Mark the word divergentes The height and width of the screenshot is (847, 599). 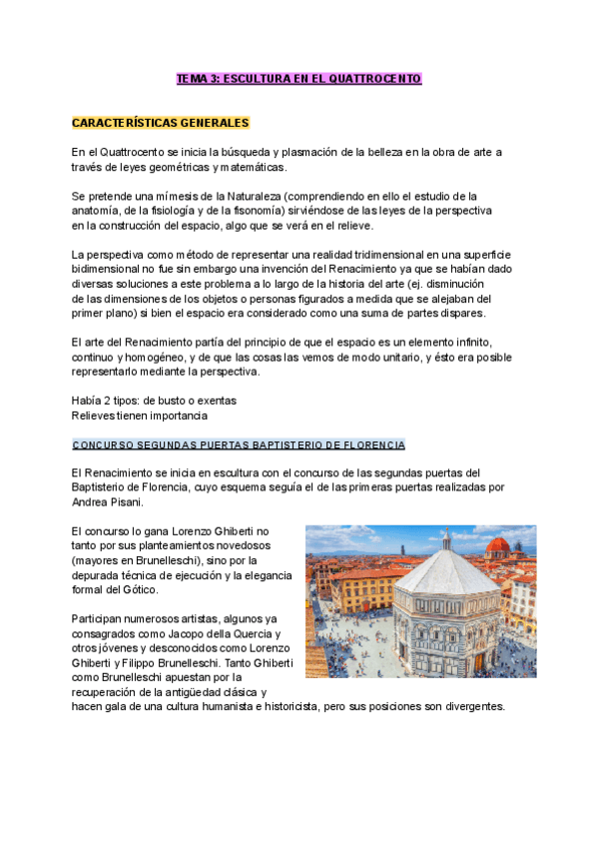475,705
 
